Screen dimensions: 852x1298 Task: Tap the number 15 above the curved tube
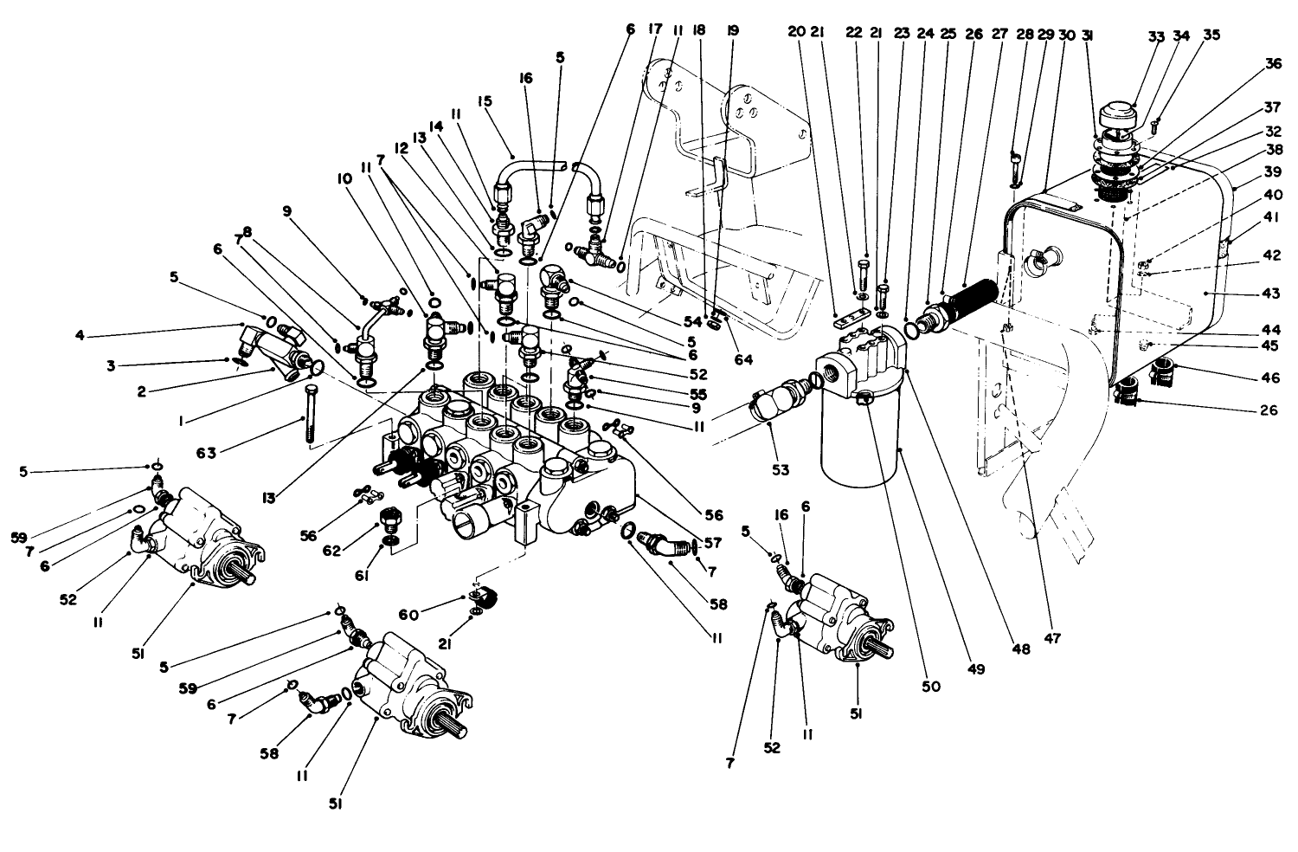point(484,102)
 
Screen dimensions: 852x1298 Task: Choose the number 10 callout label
point(344,177)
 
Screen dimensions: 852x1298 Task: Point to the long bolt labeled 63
point(306,416)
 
